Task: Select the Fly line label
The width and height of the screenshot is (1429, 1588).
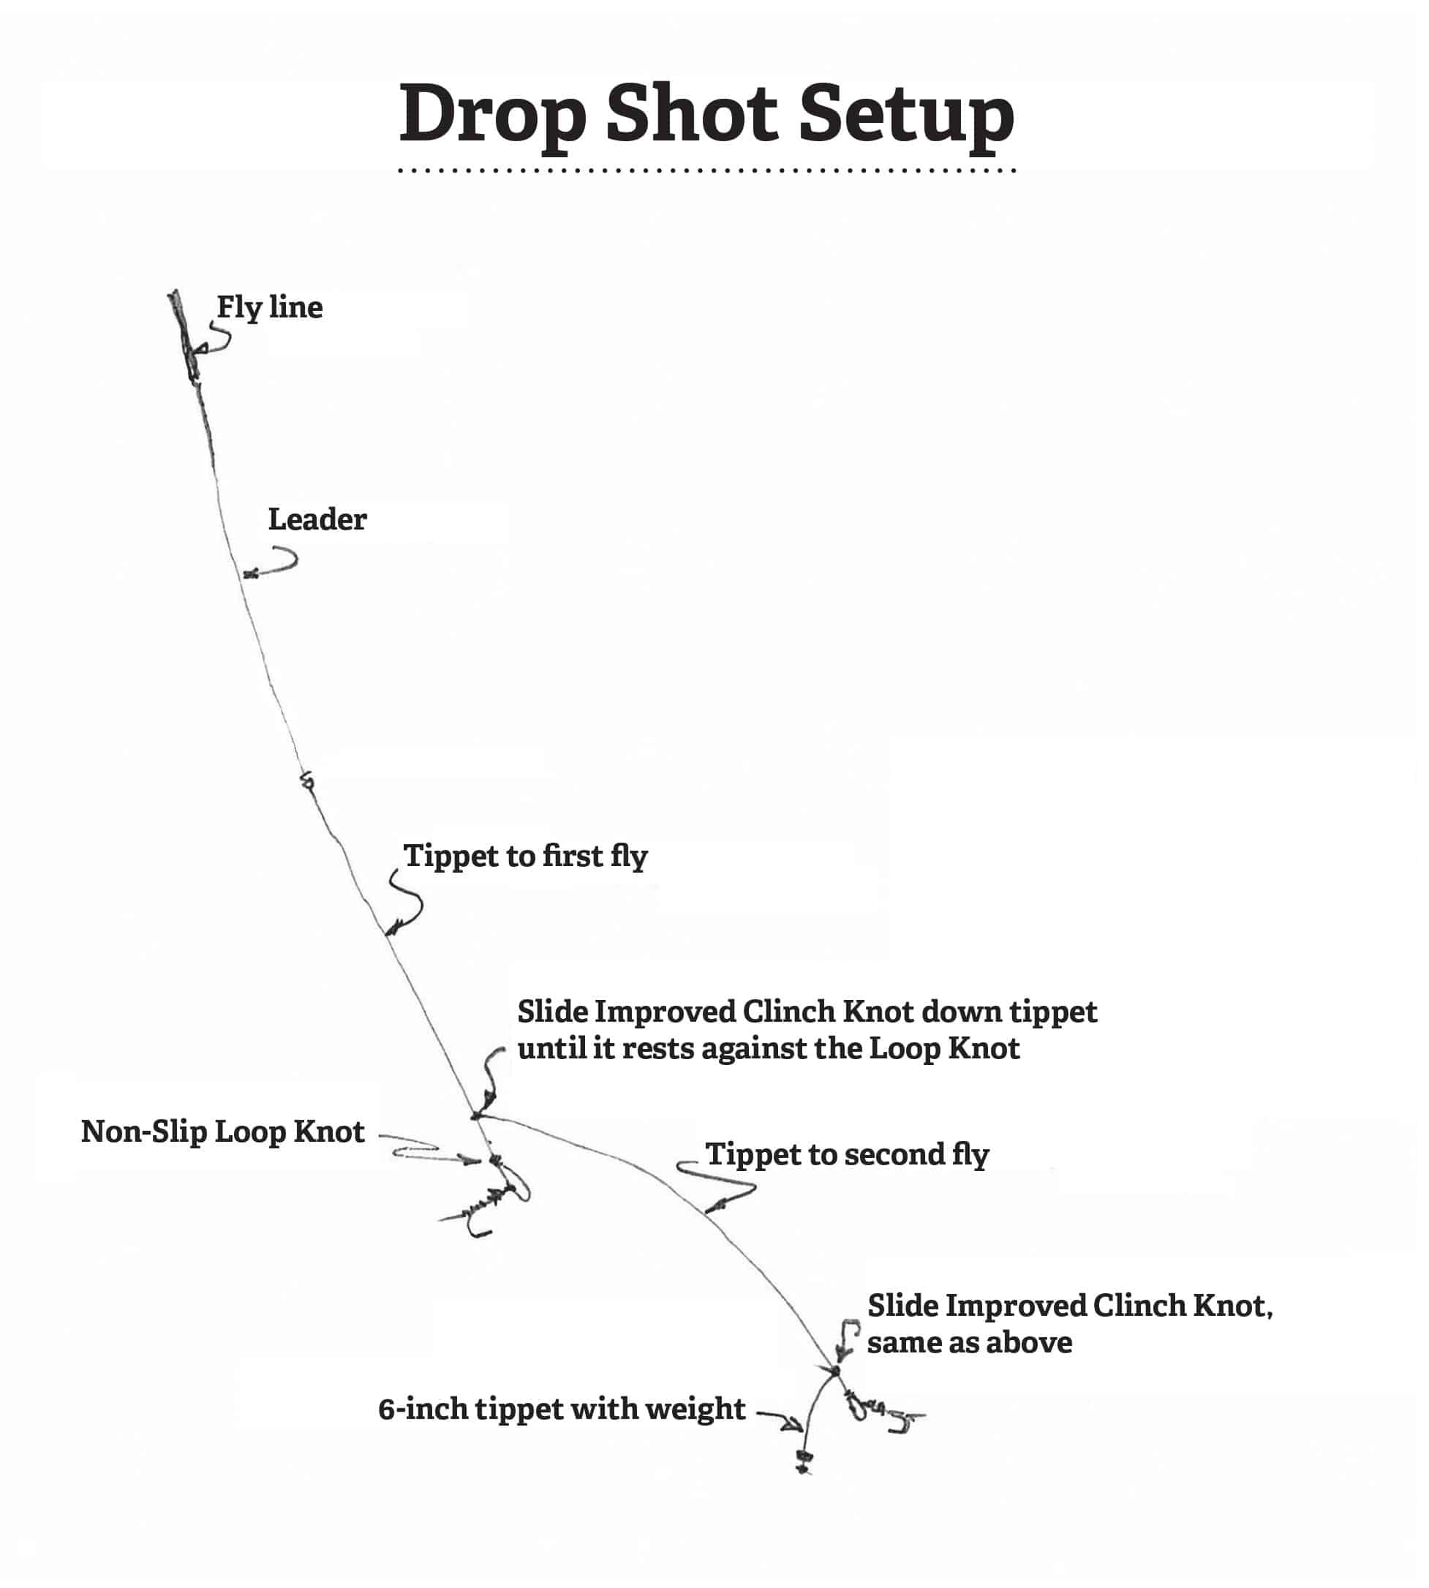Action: (x=269, y=307)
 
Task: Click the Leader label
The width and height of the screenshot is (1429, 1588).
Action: (x=317, y=519)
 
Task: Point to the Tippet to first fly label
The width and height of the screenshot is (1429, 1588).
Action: (x=525, y=856)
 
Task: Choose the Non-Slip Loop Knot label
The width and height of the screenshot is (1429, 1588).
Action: (x=223, y=1132)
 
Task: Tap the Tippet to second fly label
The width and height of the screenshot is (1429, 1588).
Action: (x=846, y=1154)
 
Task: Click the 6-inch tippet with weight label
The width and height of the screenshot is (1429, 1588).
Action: (x=562, y=1409)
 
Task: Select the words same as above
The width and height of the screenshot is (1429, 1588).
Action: (x=969, y=1342)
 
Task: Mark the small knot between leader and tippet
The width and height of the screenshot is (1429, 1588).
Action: (x=307, y=781)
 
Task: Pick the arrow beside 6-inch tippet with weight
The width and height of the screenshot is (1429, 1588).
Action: (x=780, y=1417)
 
